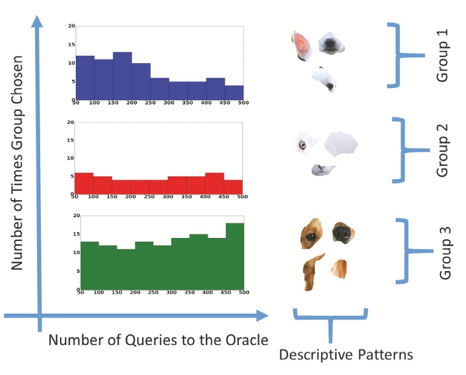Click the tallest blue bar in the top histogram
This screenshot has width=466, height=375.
(122, 77)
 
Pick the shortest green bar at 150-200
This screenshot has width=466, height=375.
(108, 268)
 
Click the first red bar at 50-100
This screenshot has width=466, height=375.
(84, 183)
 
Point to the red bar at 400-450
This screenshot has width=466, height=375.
(215, 183)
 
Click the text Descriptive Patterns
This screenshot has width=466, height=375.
(346, 355)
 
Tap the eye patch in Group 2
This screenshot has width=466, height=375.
(302, 143)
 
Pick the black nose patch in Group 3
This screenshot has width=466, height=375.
(341, 234)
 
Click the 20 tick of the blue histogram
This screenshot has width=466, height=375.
(71, 27)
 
